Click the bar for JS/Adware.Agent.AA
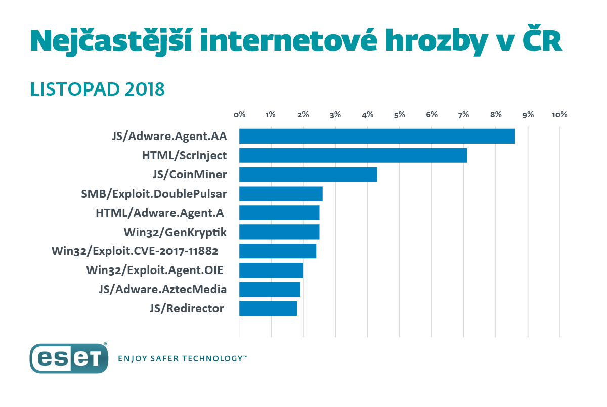377,136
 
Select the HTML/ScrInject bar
353,155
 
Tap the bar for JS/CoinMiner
308,174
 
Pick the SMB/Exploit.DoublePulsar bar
281,194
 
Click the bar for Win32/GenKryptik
279,232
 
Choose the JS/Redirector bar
268,308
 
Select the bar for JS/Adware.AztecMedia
270,289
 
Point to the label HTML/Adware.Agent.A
159,213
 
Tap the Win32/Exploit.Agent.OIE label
155,270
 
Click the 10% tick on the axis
559,115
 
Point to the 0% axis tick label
239,115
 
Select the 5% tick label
400,115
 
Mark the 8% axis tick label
496,115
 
